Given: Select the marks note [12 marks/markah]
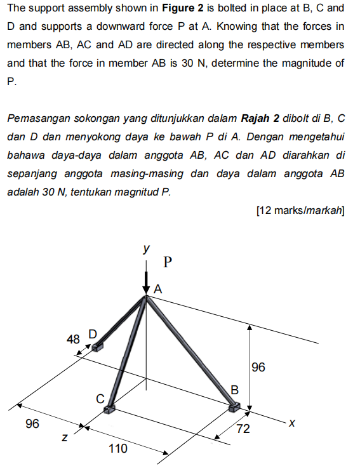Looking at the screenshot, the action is [300, 211].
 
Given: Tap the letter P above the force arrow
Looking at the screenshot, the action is [168, 261].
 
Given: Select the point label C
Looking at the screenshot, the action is [100, 399].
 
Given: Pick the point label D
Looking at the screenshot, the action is [92, 334].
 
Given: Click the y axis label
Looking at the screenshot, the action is [146, 248].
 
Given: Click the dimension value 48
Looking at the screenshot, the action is [73, 339].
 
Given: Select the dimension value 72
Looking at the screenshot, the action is [243, 430].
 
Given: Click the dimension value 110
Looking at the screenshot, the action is [117, 449].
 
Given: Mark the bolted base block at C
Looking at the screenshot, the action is [110, 410].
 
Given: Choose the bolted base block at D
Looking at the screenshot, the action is [97, 347].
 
